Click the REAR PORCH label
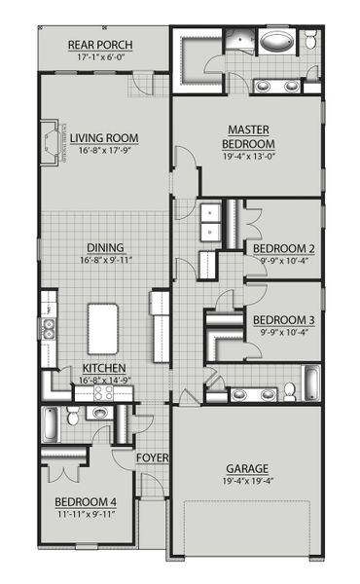tap(101, 45)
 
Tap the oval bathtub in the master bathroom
tap(280, 44)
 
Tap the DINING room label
tap(105, 247)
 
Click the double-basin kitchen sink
tap(47, 329)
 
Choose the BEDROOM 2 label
tap(283, 248)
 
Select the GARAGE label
tap(249, 468)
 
